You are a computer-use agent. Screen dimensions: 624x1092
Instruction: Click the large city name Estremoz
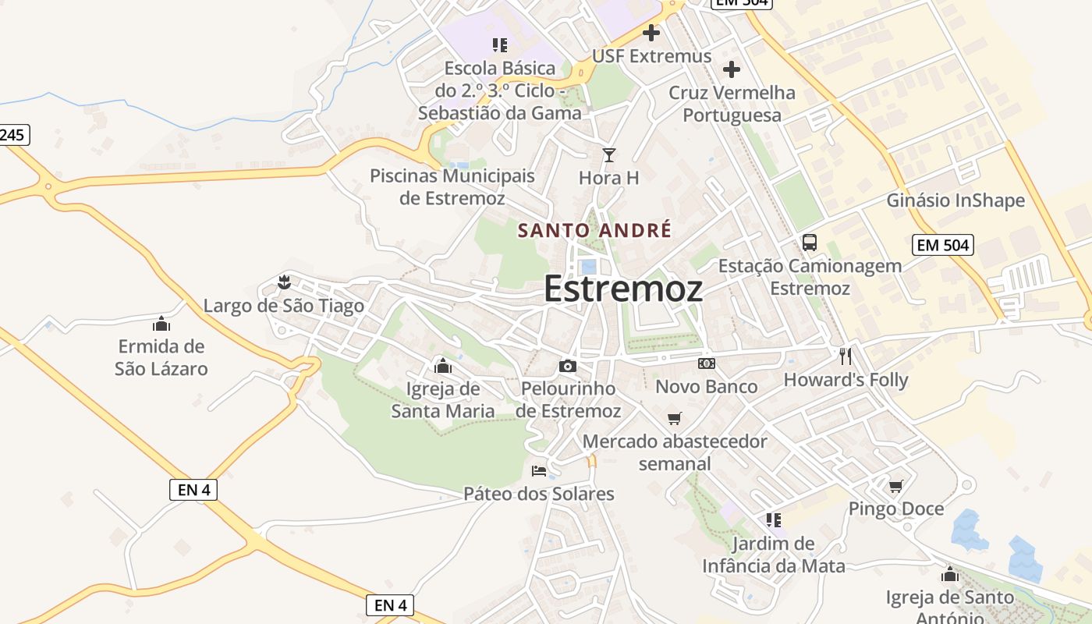click(622, 289)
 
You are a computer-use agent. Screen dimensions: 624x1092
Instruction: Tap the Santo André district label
click(594, 230)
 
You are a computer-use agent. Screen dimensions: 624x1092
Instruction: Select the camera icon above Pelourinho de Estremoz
click(568, 366)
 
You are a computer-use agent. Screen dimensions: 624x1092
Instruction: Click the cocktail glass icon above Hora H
click(609, 155)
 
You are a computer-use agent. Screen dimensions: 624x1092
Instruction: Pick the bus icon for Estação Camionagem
click(810, 243)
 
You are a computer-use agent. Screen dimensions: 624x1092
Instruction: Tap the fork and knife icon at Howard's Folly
click(846, 356)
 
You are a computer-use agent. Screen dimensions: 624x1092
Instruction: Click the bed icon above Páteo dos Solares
click(539, 470)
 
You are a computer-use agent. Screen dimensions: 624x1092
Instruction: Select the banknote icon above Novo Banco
click(707, 363)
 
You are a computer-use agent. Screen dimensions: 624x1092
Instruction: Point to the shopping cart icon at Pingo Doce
click(895, 486)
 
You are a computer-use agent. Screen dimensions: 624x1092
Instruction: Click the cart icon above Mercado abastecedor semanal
click(675, 418)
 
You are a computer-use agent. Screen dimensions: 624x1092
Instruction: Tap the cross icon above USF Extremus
click(651, 33)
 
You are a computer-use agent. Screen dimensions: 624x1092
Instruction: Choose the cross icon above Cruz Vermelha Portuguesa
click(731, 69)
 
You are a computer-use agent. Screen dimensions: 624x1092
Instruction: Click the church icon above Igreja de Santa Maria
click(442, 365)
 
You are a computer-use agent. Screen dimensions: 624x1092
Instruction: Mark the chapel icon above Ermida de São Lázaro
click(161, 323)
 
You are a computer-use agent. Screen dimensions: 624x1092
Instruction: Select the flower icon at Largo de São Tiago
click(284, 282)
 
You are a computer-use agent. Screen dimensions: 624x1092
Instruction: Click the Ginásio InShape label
click(955, 200)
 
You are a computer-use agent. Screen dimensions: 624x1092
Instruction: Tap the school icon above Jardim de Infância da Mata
click(774, 519)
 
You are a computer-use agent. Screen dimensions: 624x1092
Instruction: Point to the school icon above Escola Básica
click(500, 45)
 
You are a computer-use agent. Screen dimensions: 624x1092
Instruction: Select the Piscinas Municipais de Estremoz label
click(452, 186)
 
